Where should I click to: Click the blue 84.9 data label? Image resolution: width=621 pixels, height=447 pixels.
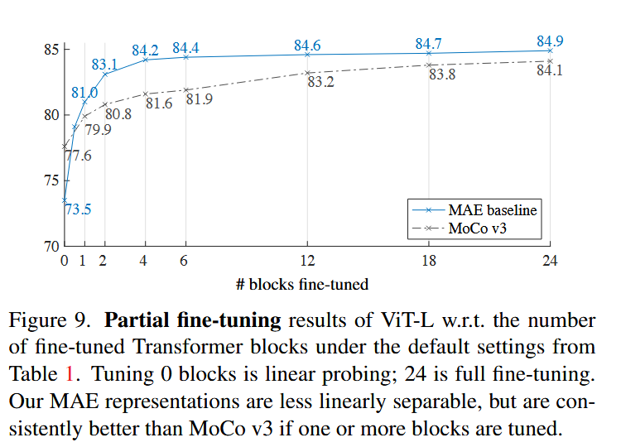point(550,41)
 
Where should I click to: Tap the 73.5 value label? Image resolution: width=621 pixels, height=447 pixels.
point(78,209)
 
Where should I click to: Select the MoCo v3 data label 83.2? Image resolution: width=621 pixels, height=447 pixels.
point(320,82)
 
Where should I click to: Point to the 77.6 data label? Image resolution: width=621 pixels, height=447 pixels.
point(79,156)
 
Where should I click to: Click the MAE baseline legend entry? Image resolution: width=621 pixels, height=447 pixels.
point(474,209)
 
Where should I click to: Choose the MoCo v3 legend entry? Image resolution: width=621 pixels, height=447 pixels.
point(460,228)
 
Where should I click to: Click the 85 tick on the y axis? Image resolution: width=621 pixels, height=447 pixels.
point(51,50)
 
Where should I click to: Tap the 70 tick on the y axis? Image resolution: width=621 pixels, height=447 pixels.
point(51,247)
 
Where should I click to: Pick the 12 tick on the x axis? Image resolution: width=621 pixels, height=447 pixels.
point(307,261)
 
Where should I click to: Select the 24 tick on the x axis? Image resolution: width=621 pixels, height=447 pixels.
point(550,261)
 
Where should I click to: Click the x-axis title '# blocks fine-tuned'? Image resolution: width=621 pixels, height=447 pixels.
point(302,284)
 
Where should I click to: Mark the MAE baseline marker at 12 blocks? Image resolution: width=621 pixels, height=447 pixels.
point(307,55)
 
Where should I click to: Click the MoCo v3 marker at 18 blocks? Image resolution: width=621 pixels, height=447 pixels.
point(429,65)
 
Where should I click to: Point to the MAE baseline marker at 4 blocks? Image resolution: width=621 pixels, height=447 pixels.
point(146,60)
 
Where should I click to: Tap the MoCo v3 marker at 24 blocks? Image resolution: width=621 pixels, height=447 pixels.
point(550,61)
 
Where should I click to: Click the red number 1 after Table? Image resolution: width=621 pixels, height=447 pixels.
point(70,374)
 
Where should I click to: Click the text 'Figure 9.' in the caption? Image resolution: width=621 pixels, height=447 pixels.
point(49,320)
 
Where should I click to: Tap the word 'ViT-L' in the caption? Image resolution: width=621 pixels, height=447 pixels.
point(407,320)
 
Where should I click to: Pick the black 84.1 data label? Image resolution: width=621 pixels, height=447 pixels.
point(550,70)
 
